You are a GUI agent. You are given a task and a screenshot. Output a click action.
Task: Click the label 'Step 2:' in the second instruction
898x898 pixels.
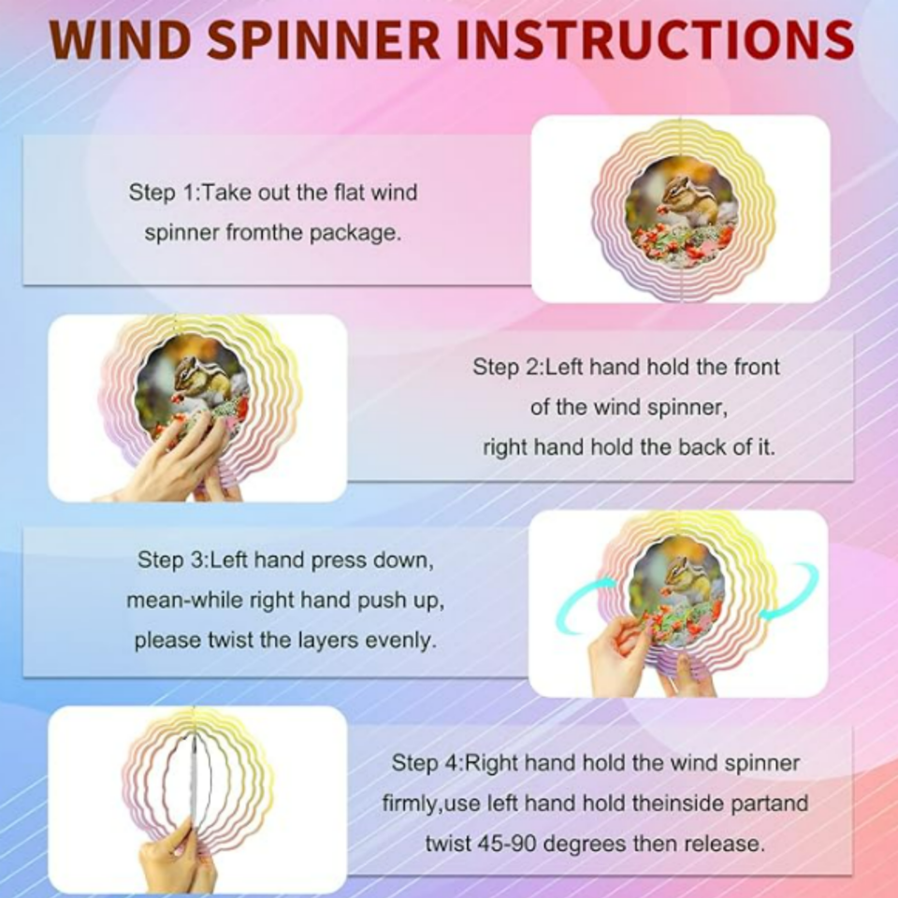pyautogui.click(x=507, y=367)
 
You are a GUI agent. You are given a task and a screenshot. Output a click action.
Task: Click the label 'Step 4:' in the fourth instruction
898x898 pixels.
pyautogui.click(x=427, y=763)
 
